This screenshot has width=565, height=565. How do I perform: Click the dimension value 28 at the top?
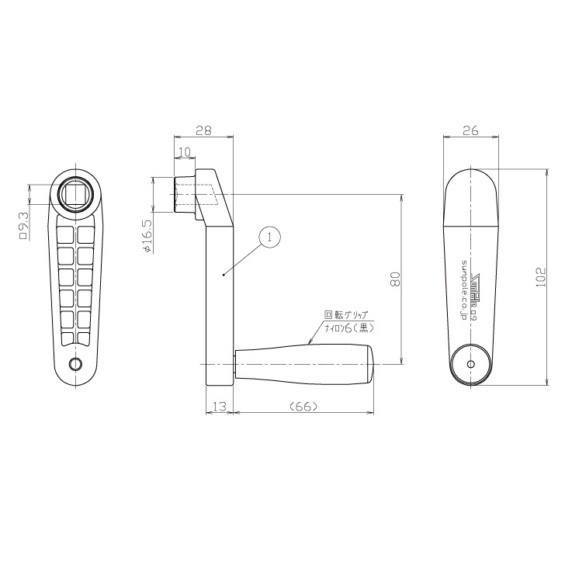(203, 131)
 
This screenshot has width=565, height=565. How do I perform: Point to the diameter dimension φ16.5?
(147, 237)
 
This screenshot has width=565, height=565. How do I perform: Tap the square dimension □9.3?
(23, 224)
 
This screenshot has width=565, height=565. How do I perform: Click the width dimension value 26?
(470, 131)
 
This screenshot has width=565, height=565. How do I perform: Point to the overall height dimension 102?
(542, 277)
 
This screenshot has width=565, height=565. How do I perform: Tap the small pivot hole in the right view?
(471, 363)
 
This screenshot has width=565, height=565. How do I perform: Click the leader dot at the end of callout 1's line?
(223, 274)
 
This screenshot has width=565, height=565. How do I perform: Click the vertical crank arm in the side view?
(218, 303)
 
